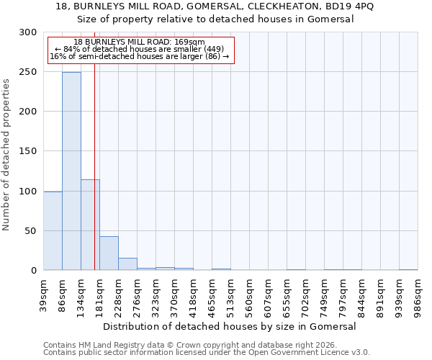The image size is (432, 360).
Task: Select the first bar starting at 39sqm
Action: (53, 231)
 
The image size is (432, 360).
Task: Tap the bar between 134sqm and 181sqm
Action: (90, 225)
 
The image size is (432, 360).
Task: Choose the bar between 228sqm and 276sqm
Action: (127, 264)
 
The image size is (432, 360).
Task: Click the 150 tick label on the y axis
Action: (28, 151)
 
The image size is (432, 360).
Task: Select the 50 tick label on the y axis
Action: (31, 231)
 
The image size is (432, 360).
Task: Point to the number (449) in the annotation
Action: (212, 49)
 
